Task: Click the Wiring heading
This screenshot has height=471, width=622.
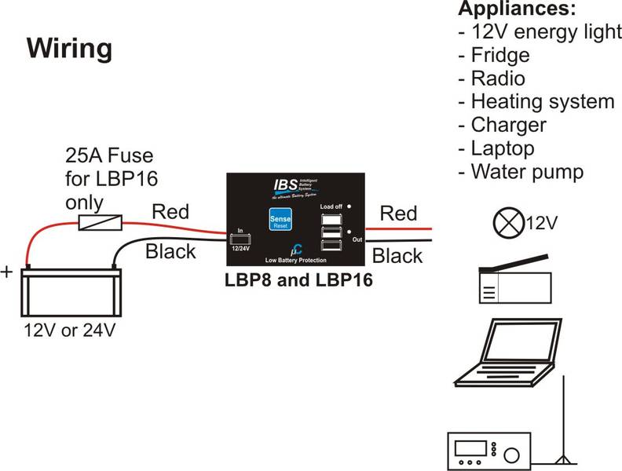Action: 70,48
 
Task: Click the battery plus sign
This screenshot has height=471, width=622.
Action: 9,273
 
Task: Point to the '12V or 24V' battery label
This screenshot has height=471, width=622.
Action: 69,330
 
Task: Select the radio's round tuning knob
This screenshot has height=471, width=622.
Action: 512,455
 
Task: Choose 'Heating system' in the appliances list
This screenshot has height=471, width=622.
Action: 542,101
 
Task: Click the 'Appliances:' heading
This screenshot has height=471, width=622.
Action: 517,9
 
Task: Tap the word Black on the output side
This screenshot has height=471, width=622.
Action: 397,255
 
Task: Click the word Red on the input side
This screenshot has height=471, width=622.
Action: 170,211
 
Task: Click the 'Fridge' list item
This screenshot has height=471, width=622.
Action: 500,56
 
